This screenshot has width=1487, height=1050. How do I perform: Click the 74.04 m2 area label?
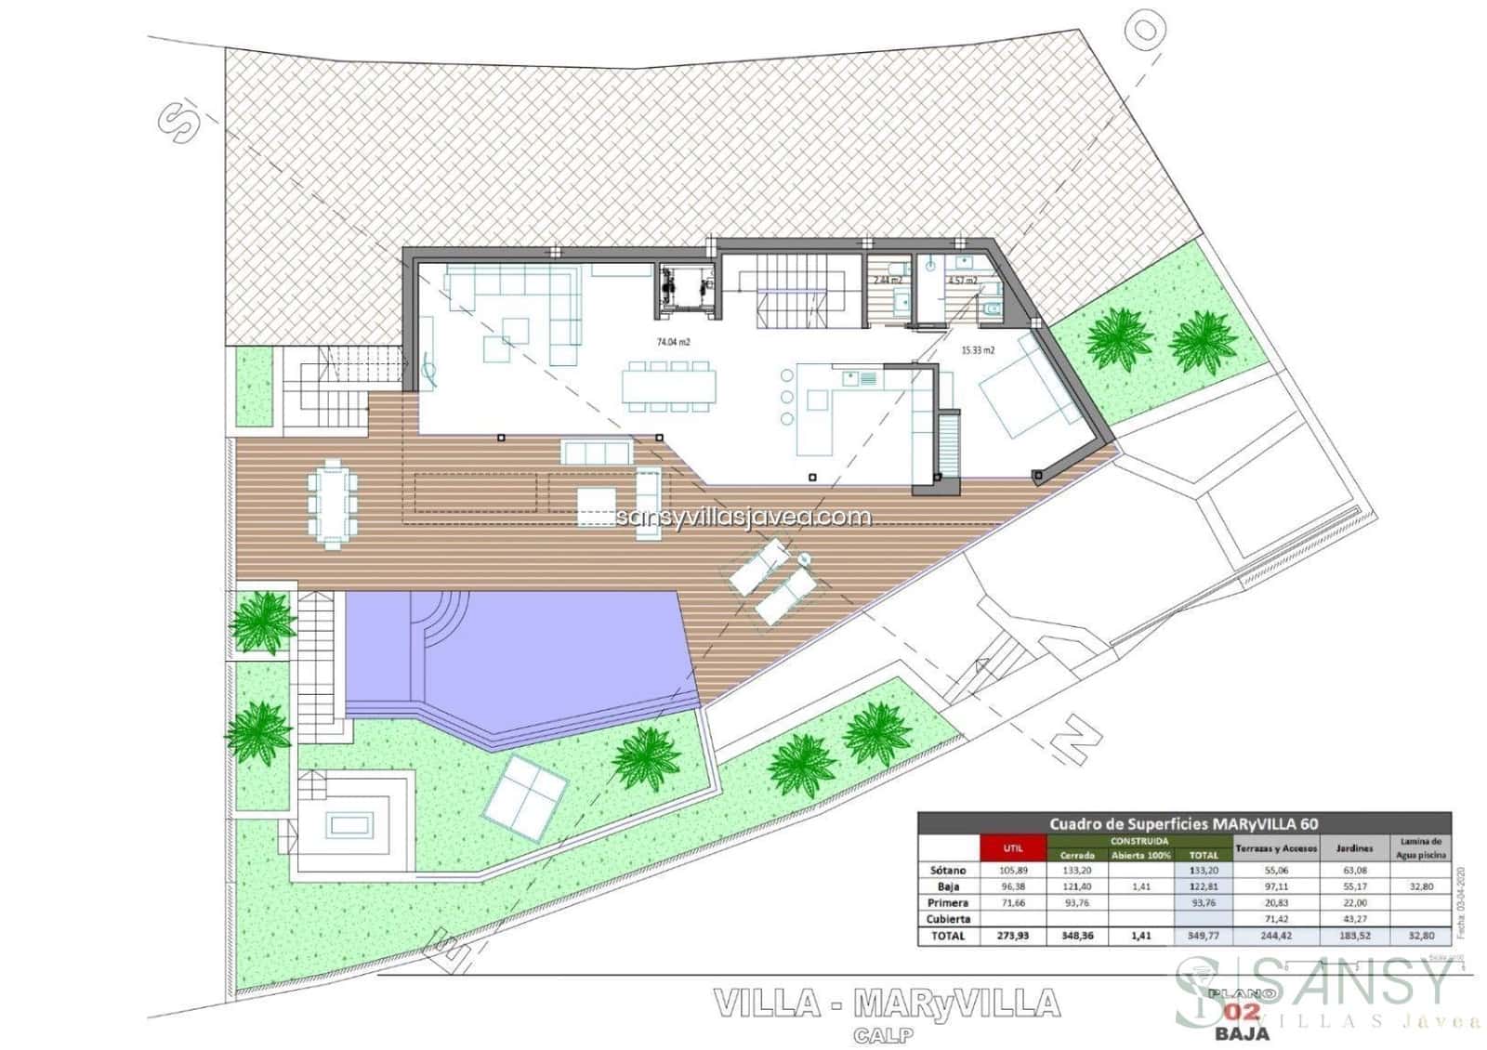(x=673, y=342)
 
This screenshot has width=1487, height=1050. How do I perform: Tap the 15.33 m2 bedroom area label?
(x=977, y=350)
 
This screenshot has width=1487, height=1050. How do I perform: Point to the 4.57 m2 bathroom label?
(x=962, y=280)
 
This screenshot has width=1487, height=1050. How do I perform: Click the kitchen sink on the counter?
(x=859, y=378)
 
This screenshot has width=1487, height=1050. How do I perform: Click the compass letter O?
(x=1149, y=31)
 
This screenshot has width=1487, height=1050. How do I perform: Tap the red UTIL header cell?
(x=1012, y=848)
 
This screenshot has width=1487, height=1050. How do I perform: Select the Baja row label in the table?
(x=948, y=886)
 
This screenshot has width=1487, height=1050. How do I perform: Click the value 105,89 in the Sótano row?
(x=1012, y=871)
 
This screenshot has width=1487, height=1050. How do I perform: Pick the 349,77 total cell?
(x=1203, y=936)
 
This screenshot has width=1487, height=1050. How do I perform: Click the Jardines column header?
(x=1354, y=848)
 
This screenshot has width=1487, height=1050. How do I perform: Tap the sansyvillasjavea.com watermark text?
(x=743, y=517)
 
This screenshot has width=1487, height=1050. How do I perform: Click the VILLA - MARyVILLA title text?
(x=886, y=1003)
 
